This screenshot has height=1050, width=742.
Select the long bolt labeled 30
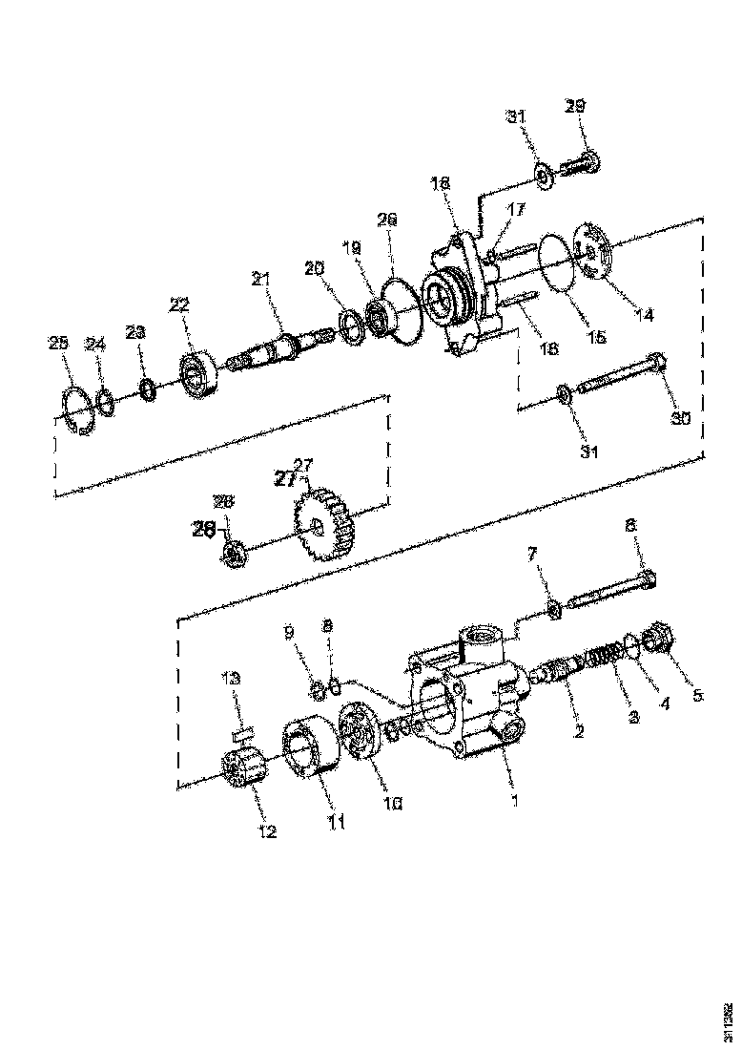(621, 377)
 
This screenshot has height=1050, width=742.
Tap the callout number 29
(575, 106)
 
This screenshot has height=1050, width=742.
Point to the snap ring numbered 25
(74, 410)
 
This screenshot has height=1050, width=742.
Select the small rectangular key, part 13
(240, 733)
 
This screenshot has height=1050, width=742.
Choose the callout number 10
(393, 803)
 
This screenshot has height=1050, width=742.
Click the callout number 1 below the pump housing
(516, 800)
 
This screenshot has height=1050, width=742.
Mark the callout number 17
(516, 209)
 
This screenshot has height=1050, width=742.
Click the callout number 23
(135, 331)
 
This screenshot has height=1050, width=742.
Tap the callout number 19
(351, 246)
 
